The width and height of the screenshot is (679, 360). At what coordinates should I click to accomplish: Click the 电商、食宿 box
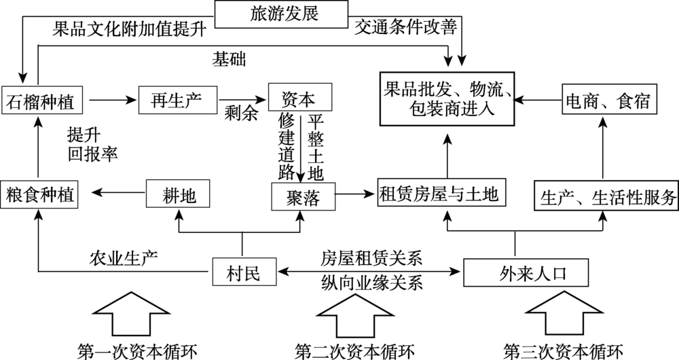[607, 101]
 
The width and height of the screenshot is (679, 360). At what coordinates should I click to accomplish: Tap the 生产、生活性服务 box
[606, 197]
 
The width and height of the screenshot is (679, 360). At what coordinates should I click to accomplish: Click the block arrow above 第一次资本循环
[124, 312]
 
